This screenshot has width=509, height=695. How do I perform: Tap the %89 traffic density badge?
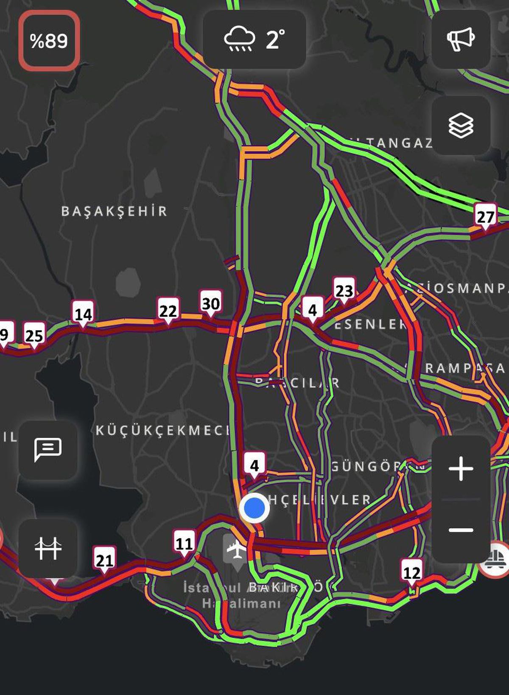[49, 41]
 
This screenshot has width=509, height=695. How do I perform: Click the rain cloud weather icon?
[240, 39]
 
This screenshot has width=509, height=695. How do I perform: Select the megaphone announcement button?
[461, 39]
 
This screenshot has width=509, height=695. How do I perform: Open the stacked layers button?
[461, 126]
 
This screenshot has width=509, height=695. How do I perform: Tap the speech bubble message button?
[48, 450]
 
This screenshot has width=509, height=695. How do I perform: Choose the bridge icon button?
[48, 548]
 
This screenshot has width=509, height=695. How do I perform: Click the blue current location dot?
[254, 508]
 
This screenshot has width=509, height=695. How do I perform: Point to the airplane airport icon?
[236, 550]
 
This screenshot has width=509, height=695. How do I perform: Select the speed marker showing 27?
[485, 217]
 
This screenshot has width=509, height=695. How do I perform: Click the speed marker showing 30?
[211, 303]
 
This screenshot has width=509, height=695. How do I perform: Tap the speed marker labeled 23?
[344, 291]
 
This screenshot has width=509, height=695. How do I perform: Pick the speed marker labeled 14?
[83, 314]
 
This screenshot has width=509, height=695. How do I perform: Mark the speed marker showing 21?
[104, 560]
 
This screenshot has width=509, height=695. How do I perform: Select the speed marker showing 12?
[411, 573]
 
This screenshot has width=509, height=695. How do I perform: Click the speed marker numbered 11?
[184, 543]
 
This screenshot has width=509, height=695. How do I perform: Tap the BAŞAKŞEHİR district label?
[115, 211]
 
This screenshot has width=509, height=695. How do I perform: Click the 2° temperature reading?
[276, 39]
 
